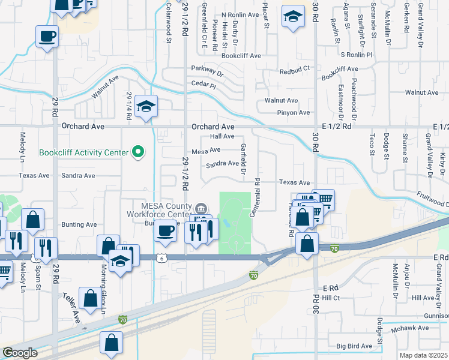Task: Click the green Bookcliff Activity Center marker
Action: click(139, 152)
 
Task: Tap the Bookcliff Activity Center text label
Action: click(83, 152)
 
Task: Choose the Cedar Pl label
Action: click(203, 85)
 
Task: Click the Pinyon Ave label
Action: click(293, 113)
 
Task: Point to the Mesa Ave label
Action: click(206, 150)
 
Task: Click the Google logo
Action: click(20, 353)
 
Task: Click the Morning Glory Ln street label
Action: click(103, 289)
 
